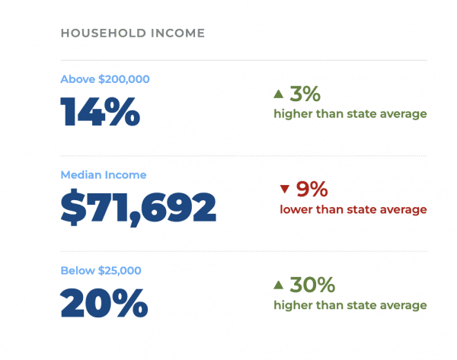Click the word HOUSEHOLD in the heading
103,33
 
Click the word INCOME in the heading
178,33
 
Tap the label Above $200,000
105,79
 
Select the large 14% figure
100,112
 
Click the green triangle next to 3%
279,94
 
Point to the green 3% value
305,94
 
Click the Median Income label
104,175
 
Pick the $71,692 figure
138,207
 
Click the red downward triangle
284,189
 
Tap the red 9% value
312,190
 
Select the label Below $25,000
101,271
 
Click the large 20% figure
104,303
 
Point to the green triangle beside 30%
279,285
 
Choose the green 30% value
312,285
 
